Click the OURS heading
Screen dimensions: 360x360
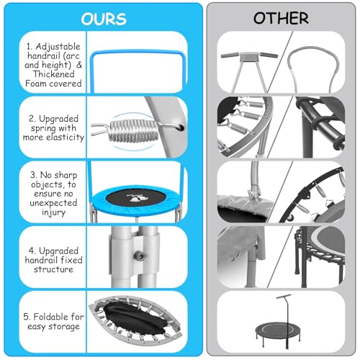104,19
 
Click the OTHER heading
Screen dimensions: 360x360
281,18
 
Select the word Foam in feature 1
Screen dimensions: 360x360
35,84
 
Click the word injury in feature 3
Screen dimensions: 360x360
53,212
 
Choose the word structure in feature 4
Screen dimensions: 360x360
53,269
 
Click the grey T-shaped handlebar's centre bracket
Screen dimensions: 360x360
250,58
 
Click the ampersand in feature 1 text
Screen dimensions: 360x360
79,65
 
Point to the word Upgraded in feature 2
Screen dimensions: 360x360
58,119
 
